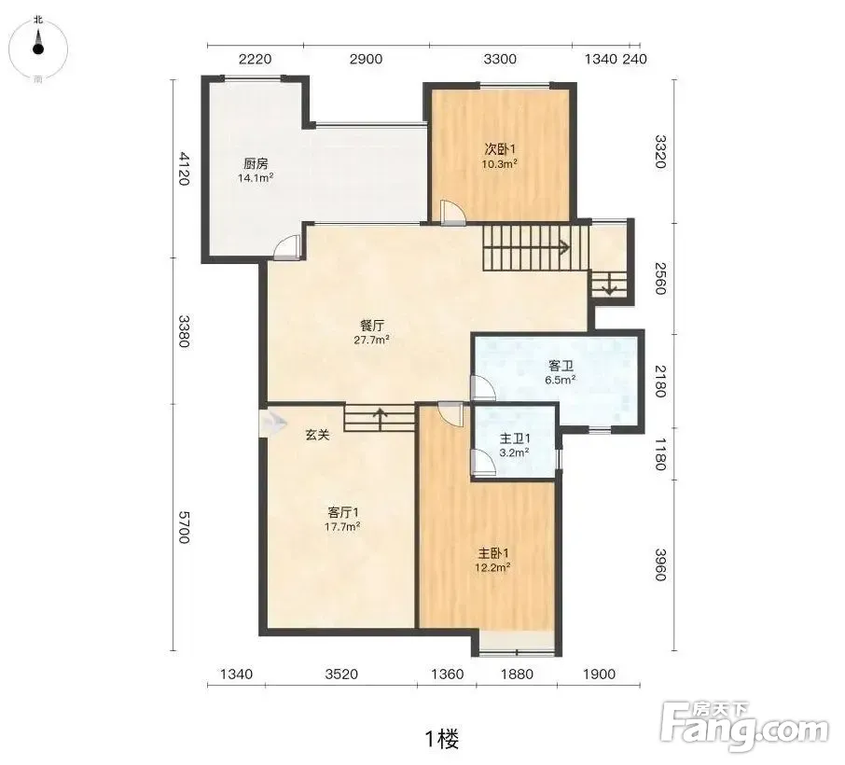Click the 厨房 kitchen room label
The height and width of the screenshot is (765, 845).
pos(256,163)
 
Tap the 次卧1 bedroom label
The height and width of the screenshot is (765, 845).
pos(500,148)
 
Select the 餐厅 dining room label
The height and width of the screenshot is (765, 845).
pos(372,326)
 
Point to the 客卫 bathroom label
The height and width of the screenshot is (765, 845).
pos(561,366)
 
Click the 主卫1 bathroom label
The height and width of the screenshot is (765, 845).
pos(515,438)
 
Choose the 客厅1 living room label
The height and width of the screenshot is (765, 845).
pos(343,511)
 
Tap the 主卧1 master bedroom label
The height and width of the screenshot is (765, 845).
pos(493,553)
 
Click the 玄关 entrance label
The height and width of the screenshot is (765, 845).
pos(317,435)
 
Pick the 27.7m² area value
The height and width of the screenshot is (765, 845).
pos(372,340)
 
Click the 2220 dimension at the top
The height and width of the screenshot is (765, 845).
pos(255,59)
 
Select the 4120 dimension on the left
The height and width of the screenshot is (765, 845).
pos(185,169)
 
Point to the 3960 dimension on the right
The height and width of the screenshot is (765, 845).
pos(660,564)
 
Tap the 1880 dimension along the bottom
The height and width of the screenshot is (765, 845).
pos(517,674)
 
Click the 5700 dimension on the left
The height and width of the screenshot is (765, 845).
pos(185,527)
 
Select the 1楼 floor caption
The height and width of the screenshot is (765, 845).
pos(442,738)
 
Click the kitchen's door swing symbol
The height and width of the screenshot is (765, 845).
pos(285,248)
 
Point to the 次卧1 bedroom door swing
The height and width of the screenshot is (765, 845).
pos(452,212)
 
